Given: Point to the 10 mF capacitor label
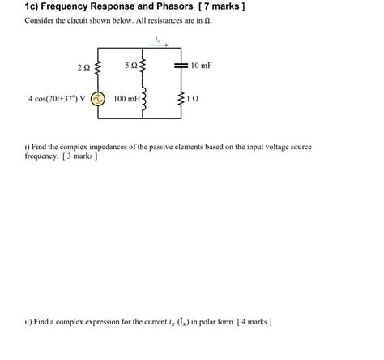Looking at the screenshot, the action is (199, 64).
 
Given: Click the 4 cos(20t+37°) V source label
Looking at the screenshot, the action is (57, 100).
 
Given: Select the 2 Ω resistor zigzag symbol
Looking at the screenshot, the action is (98, 66).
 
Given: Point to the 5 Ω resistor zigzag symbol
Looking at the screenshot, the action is (143, 65).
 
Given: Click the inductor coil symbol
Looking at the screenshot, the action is (143, 101).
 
